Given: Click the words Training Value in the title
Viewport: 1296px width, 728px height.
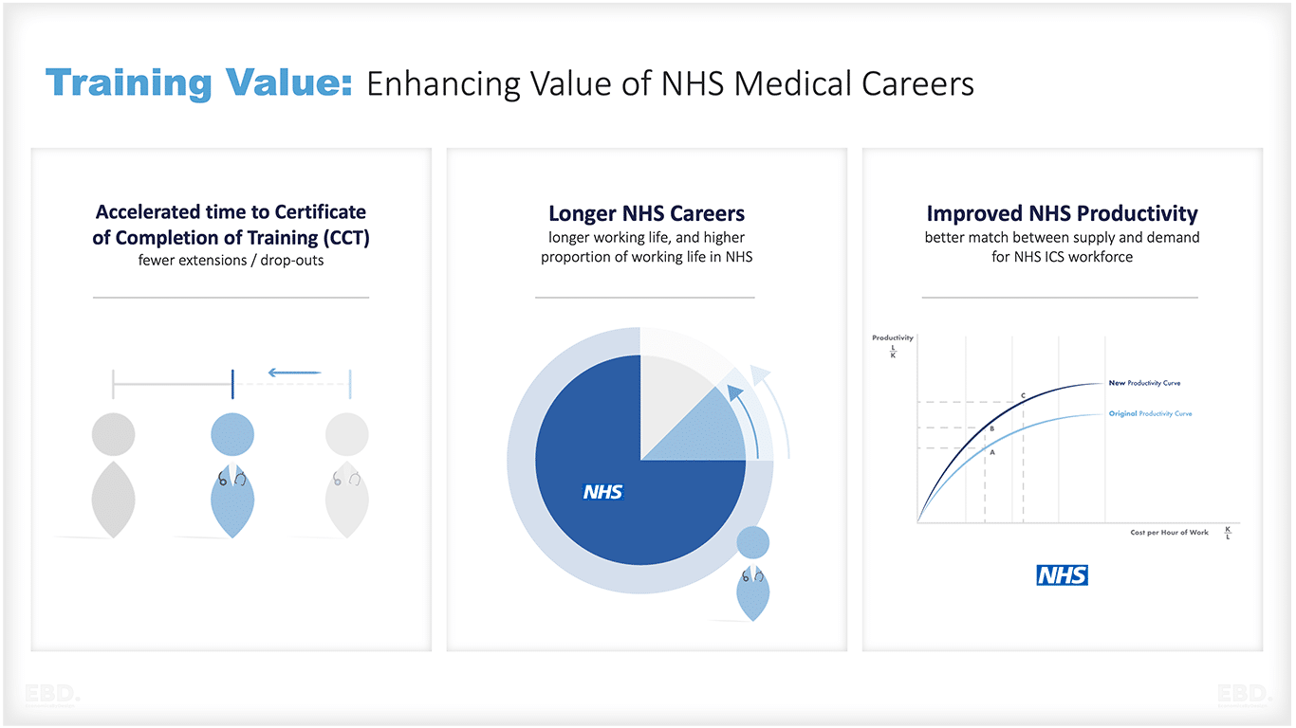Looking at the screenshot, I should click(198, 83).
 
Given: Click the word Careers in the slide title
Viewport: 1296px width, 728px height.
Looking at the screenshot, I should click(917, 83).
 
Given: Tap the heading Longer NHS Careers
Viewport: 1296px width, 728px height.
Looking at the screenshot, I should click(646, 213).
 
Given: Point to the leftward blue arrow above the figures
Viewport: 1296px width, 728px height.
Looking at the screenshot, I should click(294, 373).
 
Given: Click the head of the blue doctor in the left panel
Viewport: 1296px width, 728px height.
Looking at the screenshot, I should click(232, 435).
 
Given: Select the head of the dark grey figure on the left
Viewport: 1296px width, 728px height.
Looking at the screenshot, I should click(114, 435).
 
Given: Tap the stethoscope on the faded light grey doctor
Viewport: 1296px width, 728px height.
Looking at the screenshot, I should click(346, 479).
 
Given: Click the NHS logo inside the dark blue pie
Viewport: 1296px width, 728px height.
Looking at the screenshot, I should click(602, 492).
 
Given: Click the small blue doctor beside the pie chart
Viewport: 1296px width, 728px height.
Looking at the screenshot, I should click(753, 573).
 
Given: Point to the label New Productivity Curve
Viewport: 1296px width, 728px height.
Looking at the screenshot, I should click(1144, 383).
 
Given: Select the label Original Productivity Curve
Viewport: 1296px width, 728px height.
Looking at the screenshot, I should click(1150, 414).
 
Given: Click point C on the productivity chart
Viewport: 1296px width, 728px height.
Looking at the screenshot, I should click(1023, 395).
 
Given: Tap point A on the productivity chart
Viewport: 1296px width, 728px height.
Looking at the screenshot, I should click(992, 452).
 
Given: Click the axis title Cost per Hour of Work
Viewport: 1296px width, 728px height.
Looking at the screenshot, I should click(1169, 533).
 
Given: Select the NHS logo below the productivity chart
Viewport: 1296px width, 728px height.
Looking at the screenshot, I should click(1062, 575).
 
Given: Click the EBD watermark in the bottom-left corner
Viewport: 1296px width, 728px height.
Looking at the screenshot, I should click(53, 694).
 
